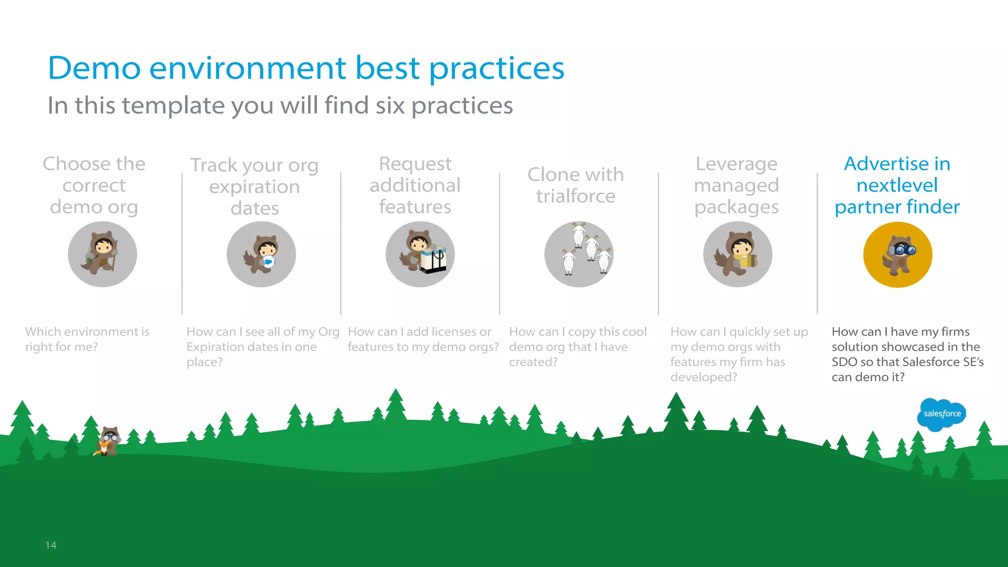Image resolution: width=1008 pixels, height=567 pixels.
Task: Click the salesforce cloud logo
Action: pyautogui.click(x=942, y=414)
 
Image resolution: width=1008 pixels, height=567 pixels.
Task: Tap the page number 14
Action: pyautogui.click(x=51, y=545)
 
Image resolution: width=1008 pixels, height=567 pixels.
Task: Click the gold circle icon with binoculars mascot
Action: pyautogui.click(x=897, y=254)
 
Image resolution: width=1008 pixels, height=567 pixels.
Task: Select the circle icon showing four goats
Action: pyautogui.click(x=579, y=254)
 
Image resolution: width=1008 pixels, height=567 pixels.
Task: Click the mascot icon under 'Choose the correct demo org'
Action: pyautogui.click(x=102, y=254)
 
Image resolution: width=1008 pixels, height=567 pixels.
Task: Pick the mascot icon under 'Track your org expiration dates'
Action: pyautogui.click(x=261, y=254)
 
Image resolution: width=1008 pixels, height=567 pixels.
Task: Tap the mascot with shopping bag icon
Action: pyautogui.click(x=420, y=254)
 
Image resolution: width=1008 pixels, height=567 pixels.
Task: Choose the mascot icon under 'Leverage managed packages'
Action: pyautogui.click(x=737, y=254)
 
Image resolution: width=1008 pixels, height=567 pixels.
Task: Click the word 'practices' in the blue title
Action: pyautogui.click(x=497, y=68)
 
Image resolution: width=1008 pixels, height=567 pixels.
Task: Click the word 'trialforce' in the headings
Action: pyautogui.click(x=575, y=196)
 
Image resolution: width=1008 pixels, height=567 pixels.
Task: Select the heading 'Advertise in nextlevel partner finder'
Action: pyautogui.click(x=897, y=185)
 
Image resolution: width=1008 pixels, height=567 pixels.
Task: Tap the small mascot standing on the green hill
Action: pyautogui.click(x=109, y=441)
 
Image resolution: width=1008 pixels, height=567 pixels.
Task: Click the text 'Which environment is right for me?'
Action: pyautogui.click(x=87, y=339)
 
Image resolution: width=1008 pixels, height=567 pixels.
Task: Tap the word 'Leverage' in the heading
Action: pyautogui.click(x=736, y=164)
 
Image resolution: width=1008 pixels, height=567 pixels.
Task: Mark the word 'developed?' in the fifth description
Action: pyautogui.click(x=703, y=378)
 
